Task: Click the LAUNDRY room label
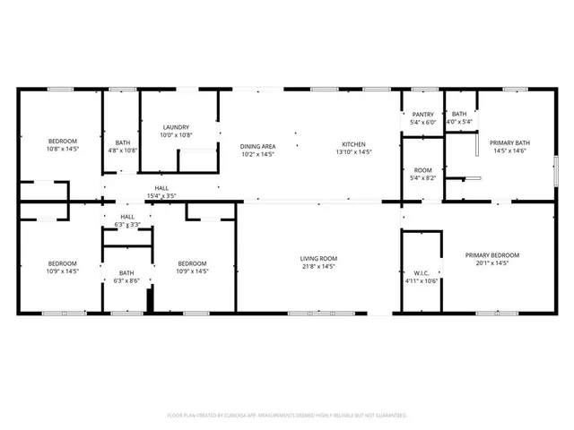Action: [176, 126]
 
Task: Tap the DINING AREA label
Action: [257, 146]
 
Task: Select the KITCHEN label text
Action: [353, 146]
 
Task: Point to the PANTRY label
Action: [422, 115]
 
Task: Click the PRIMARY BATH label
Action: [509, 142]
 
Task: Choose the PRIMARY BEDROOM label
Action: [491, 255]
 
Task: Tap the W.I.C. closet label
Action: [422, 273]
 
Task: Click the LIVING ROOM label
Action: [317, 259]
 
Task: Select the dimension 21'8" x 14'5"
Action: [317, 266]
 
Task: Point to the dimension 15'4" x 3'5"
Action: [161, 195]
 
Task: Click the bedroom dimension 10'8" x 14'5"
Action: [63, 149]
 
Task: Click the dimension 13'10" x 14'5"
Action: [353, 153]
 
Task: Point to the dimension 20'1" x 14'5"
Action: [491, 263]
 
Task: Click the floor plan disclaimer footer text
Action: [287, 416]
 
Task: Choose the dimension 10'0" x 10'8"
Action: [176, 134]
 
